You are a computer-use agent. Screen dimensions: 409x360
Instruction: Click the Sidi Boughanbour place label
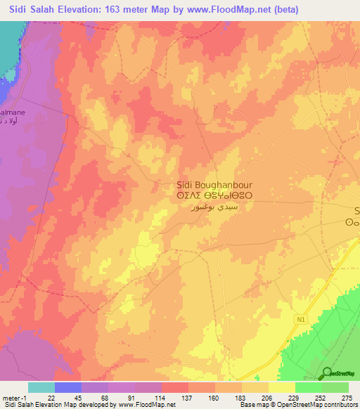(x=203, y=186)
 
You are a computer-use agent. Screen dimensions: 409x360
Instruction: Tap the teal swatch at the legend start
(x=41, y=387)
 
